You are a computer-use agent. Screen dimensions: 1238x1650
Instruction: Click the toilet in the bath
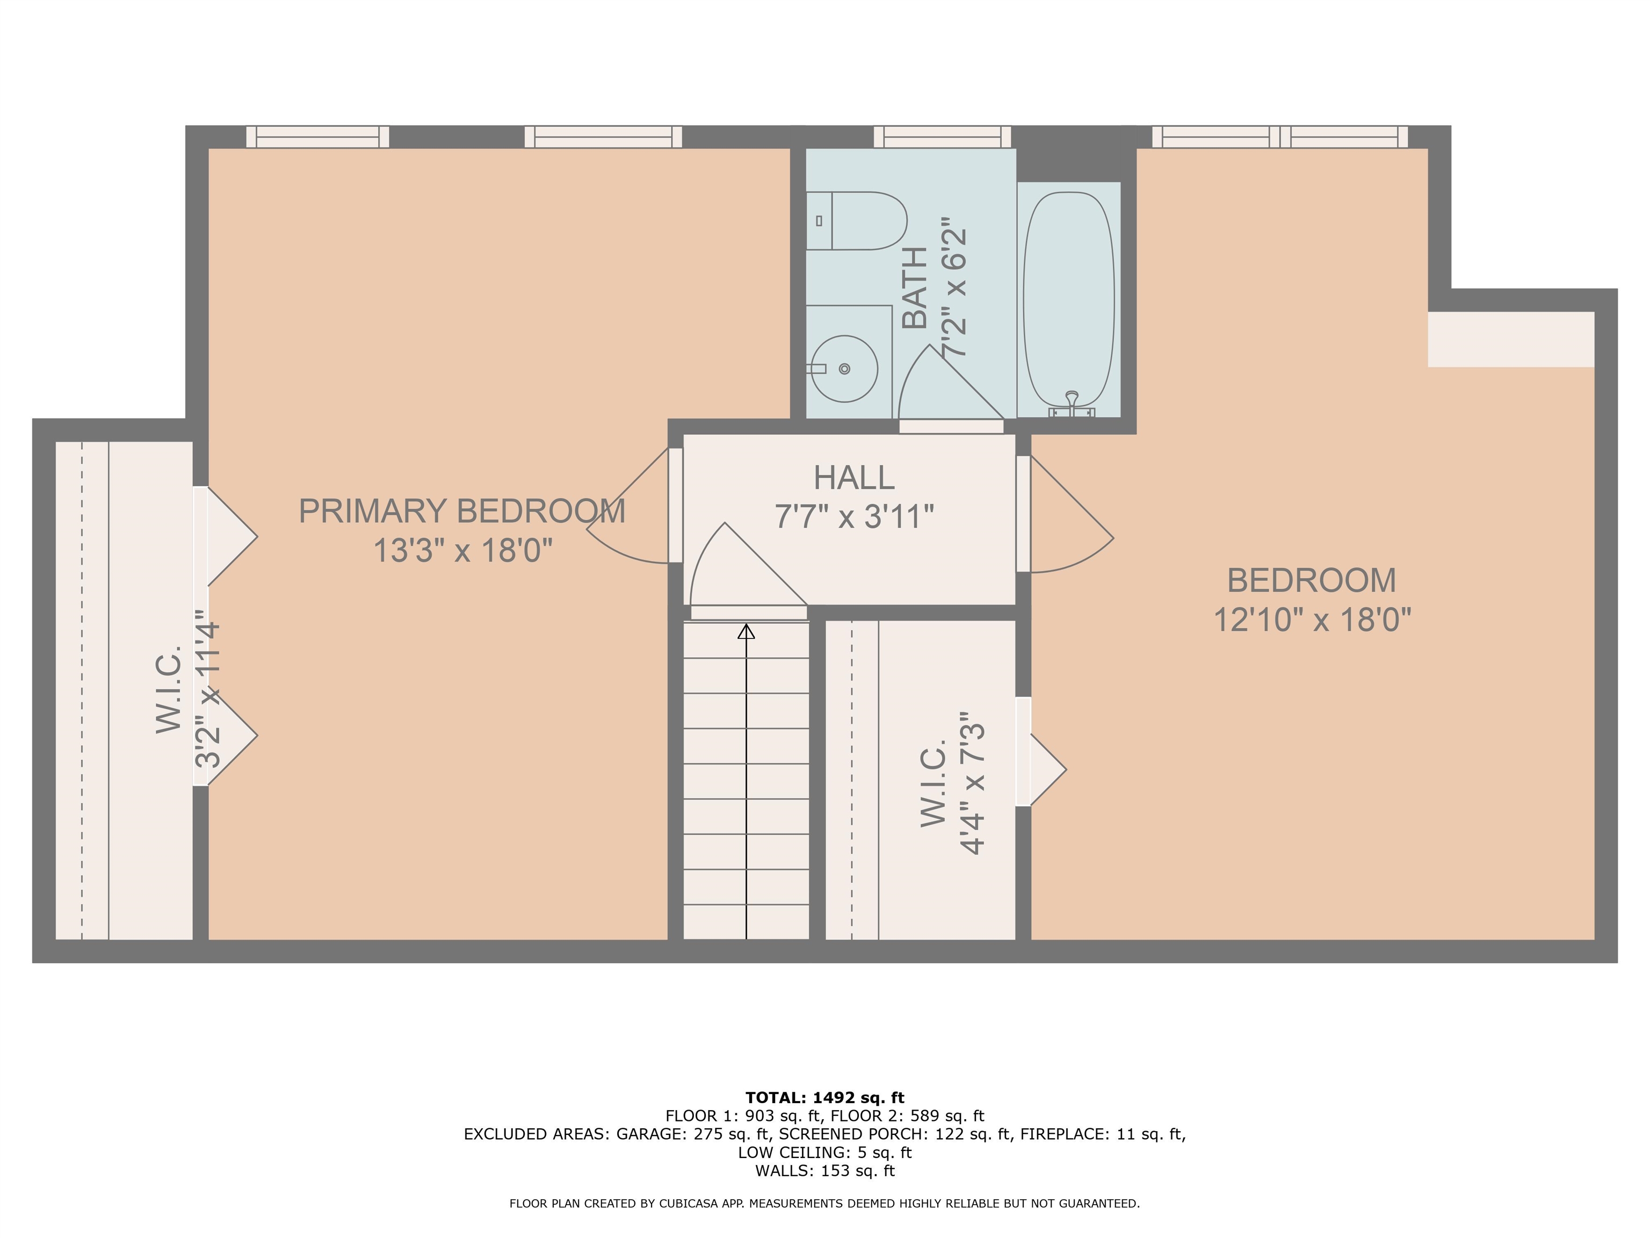click(858, 221)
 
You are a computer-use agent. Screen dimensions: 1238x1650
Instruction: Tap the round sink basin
click(844, 369)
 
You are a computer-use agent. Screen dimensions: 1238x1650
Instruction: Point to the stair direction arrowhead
click(746, 632)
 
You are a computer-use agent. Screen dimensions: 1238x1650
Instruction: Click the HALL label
click(854, 478)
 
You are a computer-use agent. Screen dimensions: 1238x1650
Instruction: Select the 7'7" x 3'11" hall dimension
click(854, 517)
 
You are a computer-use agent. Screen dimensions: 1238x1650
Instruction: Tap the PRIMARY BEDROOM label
click(462, 511)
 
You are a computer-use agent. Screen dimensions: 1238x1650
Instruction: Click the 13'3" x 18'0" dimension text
click(462, 551)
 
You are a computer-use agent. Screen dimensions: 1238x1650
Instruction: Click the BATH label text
click(915, 288)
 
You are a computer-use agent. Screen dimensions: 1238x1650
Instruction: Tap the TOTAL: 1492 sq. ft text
click(824, 1098)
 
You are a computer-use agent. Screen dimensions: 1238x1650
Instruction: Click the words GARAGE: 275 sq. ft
click(693, 1134)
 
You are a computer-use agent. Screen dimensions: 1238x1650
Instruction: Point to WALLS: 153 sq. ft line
click(824, 1171)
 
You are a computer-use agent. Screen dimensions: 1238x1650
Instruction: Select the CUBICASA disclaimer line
click(824, 1204)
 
